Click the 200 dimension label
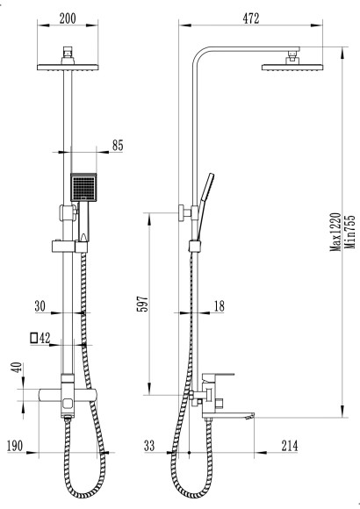click(68, 18)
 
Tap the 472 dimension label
click(251, 18)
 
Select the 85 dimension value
click(118, 145)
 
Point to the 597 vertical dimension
click(142, 304)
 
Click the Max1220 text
click(336, 232)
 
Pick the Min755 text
click(350, 232)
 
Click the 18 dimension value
click(220, 306)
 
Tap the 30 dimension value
click(40, 306)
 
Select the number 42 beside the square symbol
click(45, 338)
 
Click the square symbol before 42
click(33, 338)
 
